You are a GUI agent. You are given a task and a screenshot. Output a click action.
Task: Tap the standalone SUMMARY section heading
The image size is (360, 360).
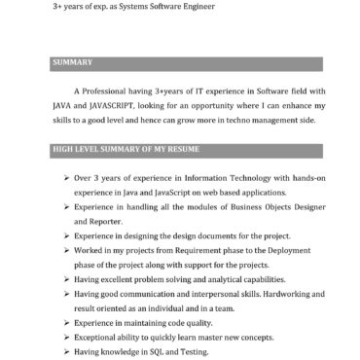71,63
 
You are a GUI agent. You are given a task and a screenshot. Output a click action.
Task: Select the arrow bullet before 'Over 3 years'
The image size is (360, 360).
64,178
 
